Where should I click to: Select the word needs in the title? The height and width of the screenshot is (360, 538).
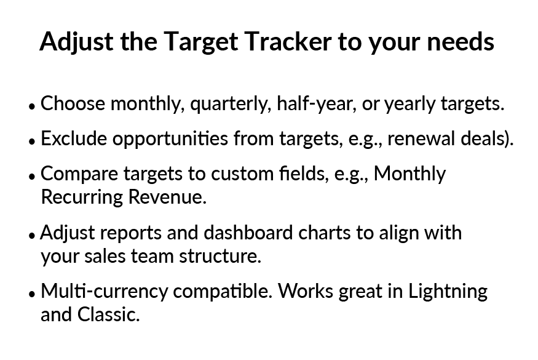pyautogui.click(x=461, y=41)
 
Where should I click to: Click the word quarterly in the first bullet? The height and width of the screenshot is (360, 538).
pyautogui.click(x=229, y=104)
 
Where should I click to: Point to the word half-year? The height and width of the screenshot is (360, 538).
pyautogui.click(x=317, y=104)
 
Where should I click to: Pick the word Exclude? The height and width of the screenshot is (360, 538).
pyautogui.click(x=74, y=138)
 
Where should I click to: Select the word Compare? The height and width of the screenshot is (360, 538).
pyautogui.click(x=79, y=174)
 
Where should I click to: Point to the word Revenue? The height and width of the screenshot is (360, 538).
pyautogui.click(x=167, y=197)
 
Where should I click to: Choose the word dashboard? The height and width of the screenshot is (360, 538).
pyautogui.click(x=248, y=233)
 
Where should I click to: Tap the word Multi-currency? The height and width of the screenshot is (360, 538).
pyautogui.click(x=105, y=292)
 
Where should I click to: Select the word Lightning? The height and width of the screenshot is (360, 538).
pyautogui.click(x=448, y=292)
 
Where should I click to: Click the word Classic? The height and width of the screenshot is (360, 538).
pyautogui.click(x=108, y=314)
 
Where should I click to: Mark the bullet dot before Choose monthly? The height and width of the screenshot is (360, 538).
pyautogui.click(x=32, y=106)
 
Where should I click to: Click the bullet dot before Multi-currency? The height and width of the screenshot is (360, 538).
pyautogui.click(x=32, y=294)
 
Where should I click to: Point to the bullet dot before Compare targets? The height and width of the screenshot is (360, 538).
pyautogui.click(x=32, y=176)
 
